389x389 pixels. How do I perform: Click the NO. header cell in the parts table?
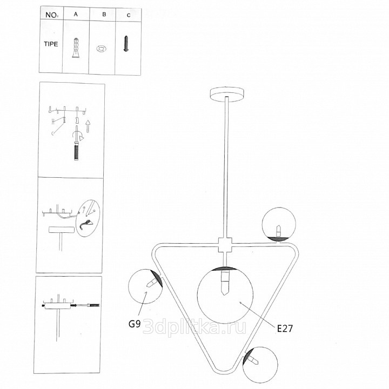coord(52,15)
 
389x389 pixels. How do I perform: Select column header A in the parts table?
coord(76,14)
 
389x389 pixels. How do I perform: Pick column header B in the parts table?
coord(104,15)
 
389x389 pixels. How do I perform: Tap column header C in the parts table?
coord(129,15)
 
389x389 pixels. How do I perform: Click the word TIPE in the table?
coord(51,44)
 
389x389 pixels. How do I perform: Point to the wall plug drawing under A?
coord(76,48)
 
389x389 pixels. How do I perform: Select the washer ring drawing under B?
coord(101,49)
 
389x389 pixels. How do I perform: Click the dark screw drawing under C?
coord(126,44)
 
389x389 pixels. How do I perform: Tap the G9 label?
coord(135,324)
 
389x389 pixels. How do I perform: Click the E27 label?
coord(285,328)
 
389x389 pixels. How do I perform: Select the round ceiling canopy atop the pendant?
coord(227,93)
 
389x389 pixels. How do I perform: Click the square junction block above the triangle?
coord(225,245)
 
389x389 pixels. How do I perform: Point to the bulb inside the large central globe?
coord(225,283)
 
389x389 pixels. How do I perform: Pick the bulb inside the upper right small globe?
coord(279,231)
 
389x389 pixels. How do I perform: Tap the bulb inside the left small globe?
coord(152,283)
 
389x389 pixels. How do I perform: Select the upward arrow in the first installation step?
coord(88,126)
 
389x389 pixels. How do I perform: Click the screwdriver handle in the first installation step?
coord(76,152)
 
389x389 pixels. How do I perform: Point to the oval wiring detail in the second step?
coord(88,218)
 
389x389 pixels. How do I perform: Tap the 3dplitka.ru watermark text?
coord(194,327)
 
